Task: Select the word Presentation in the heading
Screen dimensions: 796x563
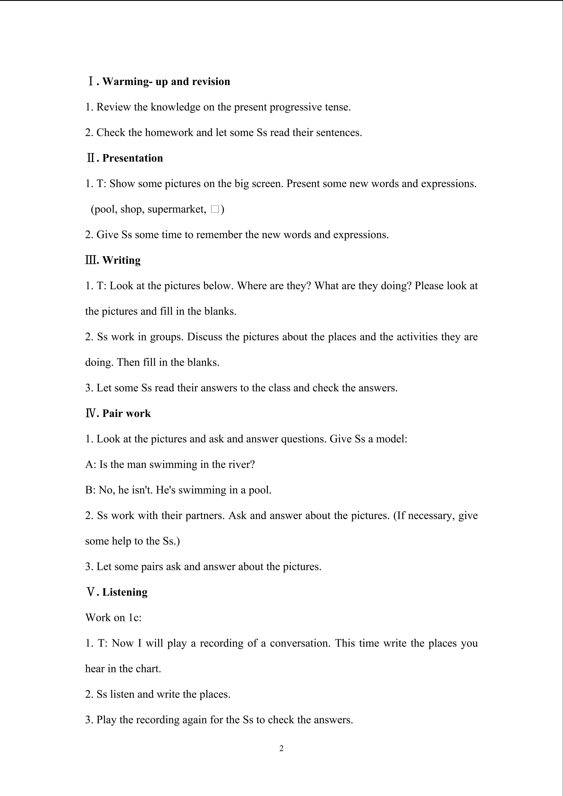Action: tap(132, 158)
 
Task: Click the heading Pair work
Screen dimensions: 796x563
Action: tap(127, 413)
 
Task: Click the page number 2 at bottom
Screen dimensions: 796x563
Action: tap(281, 748)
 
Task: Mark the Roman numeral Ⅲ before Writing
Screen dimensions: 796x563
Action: tap(90, 260)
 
